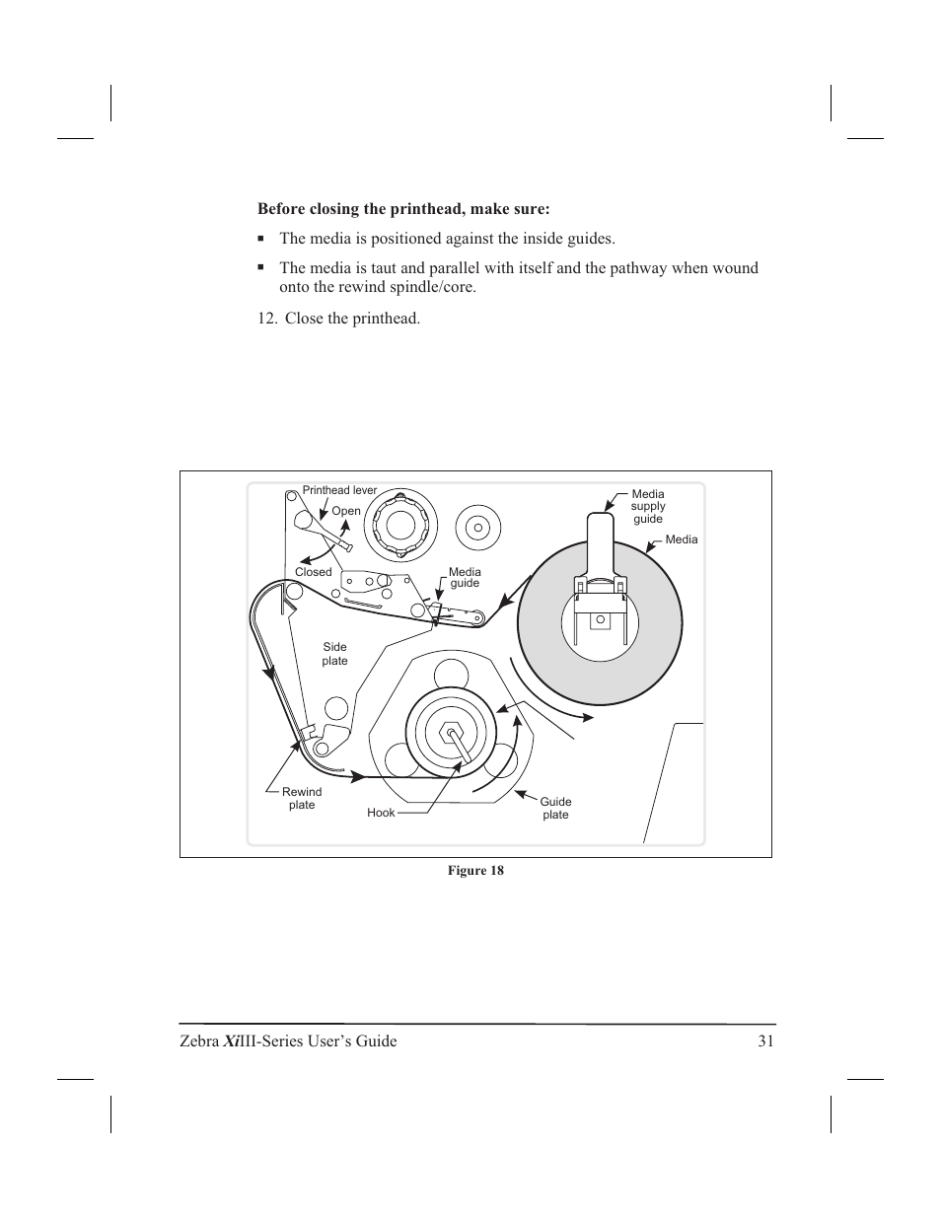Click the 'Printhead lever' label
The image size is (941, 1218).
(x=339, y=490)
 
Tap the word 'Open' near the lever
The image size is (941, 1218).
(x=346, y=511)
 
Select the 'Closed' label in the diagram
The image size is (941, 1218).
(x=314, y=572)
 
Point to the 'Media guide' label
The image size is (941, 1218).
(x=465, y=577)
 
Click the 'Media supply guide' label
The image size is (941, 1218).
(x=648, y=506)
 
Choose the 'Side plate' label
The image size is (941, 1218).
(x=334, y=654)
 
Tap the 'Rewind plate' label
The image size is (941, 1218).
(x=302, y=798)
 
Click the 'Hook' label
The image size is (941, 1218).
(x=381, y=813)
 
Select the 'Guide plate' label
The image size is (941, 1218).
(x=555, y=808)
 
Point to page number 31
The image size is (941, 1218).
(x=766, y=1041)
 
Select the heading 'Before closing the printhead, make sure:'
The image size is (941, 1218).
(x=403, y=209)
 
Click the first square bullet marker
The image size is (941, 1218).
(x=261, y=239)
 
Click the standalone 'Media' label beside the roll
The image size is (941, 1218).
(x=682, y=539)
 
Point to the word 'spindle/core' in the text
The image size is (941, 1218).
(x=435, y=287)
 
